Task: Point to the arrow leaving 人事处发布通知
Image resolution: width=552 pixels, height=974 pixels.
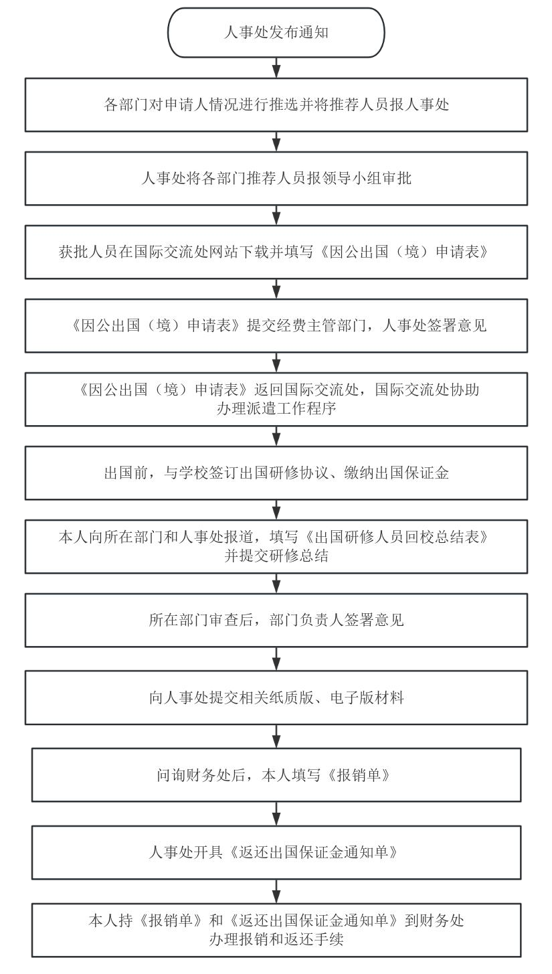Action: tap(276, 68)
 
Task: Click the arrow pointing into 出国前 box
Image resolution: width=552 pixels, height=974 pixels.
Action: tap(276, 436)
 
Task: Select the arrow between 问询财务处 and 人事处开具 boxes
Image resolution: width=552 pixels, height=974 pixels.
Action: tap(276, 813)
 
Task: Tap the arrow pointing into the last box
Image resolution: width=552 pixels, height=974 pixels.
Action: tap(276, 891)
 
